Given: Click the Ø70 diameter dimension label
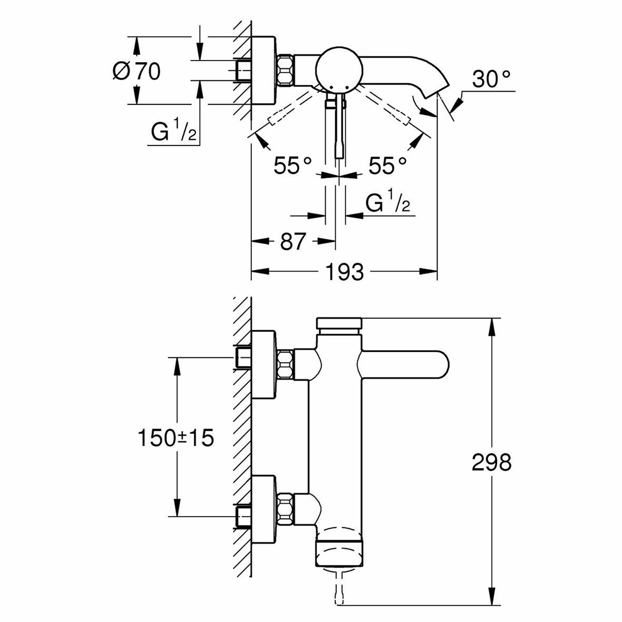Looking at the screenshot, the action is point(137,71).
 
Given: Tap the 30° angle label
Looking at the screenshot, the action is point(491,79).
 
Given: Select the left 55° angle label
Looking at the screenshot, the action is point(293,166).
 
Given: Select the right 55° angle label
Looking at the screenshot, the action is point(387,166).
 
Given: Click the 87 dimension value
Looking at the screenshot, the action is point(293,241).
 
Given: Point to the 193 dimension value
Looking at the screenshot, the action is point(344,271).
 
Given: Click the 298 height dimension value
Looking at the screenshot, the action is point(491,462).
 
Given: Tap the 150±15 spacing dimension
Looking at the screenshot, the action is point(176,438).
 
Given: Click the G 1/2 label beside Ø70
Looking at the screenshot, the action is point(174,131).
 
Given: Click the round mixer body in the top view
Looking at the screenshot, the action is point(339,70).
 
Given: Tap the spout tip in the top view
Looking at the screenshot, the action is point(436,90).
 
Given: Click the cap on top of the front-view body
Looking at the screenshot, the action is point(339,323).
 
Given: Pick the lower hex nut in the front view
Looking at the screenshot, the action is point(285,508).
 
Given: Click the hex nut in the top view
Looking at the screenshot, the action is point(285,70).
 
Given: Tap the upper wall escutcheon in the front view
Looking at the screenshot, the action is point(264,364).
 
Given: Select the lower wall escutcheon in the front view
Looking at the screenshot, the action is point(264,509).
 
